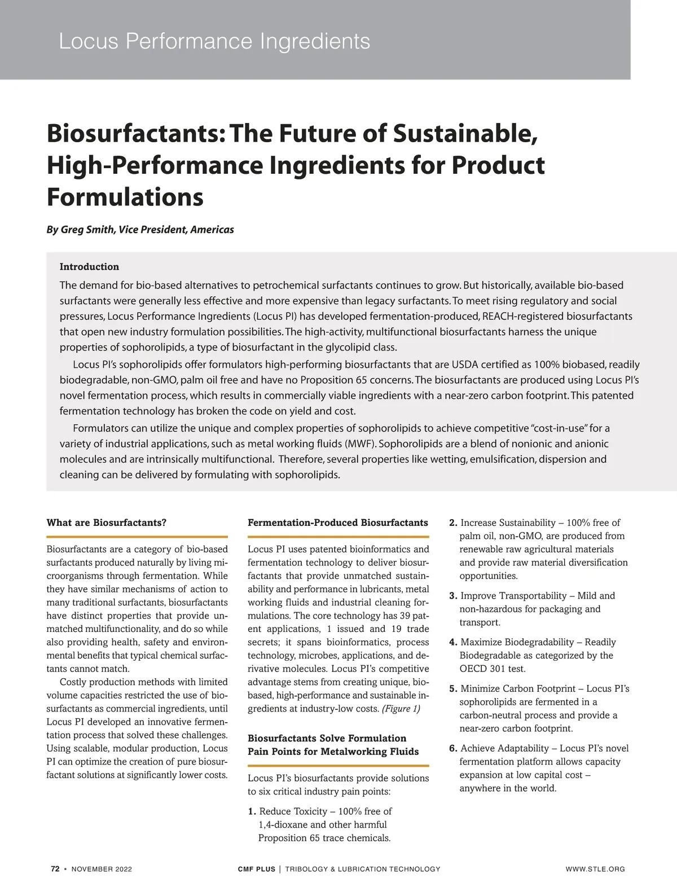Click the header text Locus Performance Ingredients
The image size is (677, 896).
click(214, 42)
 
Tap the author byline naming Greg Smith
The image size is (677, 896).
click(140, 230)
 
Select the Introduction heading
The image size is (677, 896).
click(89, 267)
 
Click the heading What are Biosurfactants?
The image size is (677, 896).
click(107, 522)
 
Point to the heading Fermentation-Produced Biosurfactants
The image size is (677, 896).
click(338, 522)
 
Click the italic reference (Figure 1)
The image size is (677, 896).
click(401, 709)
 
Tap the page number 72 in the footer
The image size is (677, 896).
click(55, 869)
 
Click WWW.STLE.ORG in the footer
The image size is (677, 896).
click(595, 869)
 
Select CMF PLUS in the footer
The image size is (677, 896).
click(257, 869)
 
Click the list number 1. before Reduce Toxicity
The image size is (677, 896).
click(252, 811)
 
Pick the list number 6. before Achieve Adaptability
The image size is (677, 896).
click(453, 748)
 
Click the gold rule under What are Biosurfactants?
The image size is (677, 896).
click(137, 536)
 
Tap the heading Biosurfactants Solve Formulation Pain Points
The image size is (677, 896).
click(333, 745)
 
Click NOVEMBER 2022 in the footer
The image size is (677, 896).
click(102, 869)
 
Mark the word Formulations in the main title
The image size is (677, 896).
click(125, 197)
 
